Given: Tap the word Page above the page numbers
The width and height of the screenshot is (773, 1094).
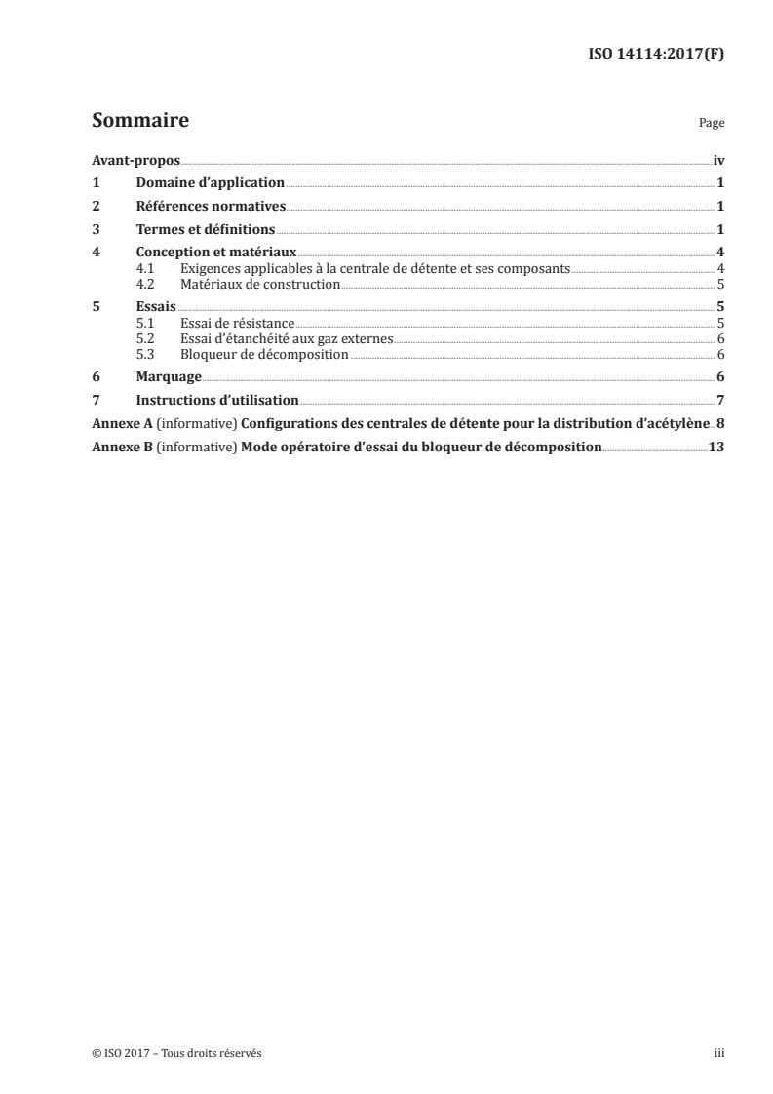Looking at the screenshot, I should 711,125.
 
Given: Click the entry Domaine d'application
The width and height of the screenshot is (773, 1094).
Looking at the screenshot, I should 210,182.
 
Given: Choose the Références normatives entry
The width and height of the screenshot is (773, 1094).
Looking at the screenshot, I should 211,206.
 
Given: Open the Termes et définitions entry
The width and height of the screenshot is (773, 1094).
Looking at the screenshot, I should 206,229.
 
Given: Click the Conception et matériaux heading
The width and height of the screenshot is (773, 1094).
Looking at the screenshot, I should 216,254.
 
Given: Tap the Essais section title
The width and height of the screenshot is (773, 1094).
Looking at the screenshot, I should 157,306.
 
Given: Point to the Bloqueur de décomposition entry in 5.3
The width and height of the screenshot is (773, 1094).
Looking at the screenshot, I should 264,354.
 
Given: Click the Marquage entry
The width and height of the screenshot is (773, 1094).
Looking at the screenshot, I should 169,376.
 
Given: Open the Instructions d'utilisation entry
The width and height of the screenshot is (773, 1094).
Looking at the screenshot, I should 217,400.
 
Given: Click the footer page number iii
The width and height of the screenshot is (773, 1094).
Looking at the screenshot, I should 720,1053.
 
